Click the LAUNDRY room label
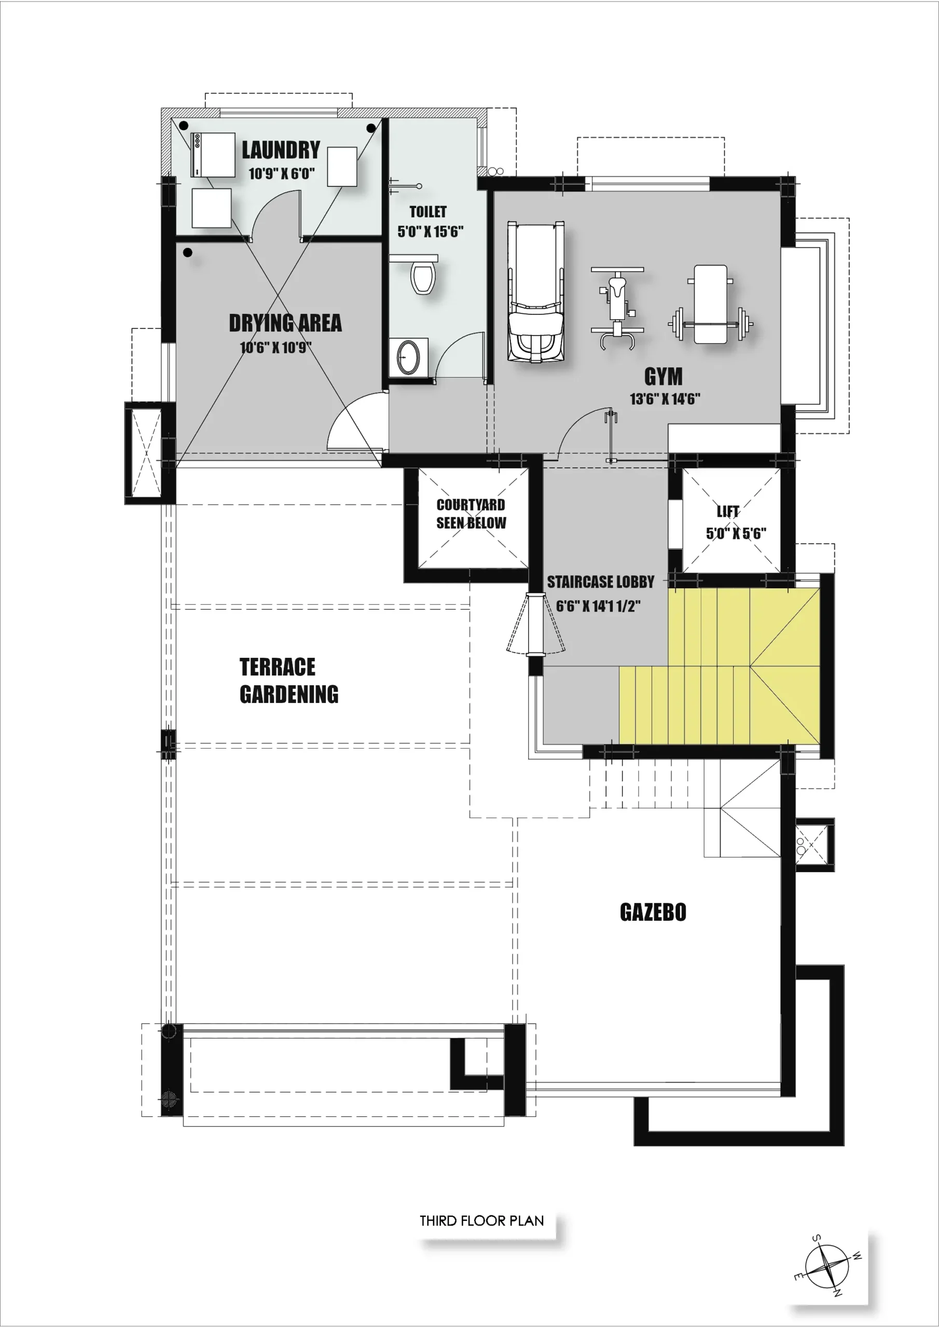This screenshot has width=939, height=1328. click(x=281, y=150)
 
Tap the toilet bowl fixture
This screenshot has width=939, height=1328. click(x=423, y=278)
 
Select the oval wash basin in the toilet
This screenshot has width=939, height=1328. click(x=408, y=357)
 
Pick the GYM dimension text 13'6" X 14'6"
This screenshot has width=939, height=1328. click(x=665, y=398)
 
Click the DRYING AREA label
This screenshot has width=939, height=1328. click(x=285, y=323)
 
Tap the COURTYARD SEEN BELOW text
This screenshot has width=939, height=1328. click(x=471, y=514)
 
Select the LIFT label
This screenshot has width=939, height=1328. click(x=728, y=511)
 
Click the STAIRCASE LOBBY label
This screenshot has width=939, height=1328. click(x=601, y=582)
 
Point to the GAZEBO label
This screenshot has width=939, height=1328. click(x=653, y=912)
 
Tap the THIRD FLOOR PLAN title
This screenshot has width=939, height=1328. click(x=481, y=1221)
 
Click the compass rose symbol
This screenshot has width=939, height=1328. click(x=827, y=1267)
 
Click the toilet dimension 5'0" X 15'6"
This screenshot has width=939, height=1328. click(x=431, y=231)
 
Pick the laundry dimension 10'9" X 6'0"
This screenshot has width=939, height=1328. click(x=282, y=173)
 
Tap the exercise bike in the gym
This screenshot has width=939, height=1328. click(x=617, y=308)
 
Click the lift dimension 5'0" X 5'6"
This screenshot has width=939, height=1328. click(x=736, y=533)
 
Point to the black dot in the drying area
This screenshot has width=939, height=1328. click(x=188, y=252)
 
